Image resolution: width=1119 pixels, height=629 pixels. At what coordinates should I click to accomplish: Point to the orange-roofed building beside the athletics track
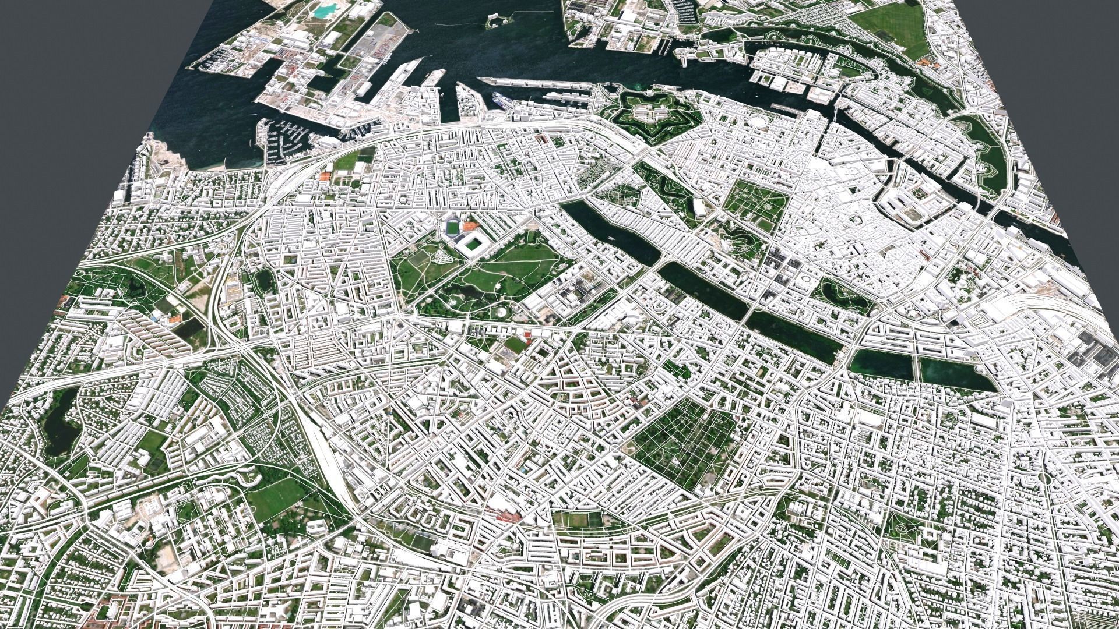tap(470, 225)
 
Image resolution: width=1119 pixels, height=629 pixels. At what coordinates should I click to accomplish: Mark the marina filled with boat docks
tap(286, 140)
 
